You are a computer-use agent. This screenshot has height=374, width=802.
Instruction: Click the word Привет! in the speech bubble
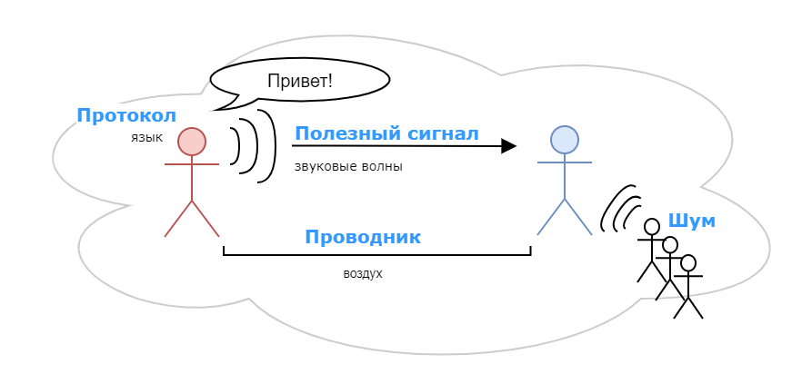coord(299,80)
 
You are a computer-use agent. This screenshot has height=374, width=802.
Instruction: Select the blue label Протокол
coord(125,115)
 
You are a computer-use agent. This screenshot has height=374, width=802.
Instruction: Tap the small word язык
coord(145,137)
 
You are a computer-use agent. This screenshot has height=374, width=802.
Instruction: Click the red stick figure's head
coord(191,141)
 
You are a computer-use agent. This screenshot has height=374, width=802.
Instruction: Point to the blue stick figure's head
coord(564,139)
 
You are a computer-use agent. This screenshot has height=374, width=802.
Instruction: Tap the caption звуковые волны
coord(348,167)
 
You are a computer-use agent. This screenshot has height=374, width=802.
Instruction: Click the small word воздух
coord(363,273)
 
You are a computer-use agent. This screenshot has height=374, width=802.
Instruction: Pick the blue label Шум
coord(691,220)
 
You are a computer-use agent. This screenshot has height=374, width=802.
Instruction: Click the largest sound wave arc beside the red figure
coord(269,146)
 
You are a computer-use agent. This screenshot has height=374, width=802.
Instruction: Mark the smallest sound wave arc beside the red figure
coord(236,146)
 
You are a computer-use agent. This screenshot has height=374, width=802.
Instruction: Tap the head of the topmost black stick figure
coord(651,226)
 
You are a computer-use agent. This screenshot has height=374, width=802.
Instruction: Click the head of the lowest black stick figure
coord(688,263)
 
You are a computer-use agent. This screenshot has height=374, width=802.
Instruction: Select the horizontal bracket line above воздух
coord(376,255)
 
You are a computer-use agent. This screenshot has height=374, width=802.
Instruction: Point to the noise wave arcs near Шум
coord(620,208)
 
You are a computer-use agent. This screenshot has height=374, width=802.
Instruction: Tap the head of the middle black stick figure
coord(670,244)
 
